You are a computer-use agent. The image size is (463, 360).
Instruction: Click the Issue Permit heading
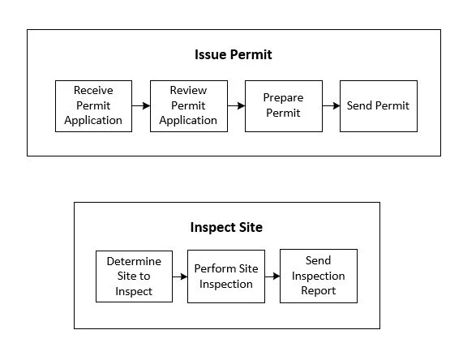coord(234,54)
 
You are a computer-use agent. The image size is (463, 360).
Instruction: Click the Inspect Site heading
coord(226,227)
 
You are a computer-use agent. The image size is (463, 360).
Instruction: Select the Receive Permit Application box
coord(93,106)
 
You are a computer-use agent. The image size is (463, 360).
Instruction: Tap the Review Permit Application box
coord(189,106)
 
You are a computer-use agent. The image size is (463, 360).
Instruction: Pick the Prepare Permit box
coord(284,106)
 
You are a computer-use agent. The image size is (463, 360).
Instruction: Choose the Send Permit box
coord(379,106)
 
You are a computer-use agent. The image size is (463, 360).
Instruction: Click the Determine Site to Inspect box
coord(134,276)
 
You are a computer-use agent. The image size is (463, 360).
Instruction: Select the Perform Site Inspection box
coord(226,276)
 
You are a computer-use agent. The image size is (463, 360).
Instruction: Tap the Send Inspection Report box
coord(319,276)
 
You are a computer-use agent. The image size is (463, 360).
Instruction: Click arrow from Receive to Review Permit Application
coord(141,105)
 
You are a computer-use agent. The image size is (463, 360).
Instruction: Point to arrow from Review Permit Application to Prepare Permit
coord(236,105)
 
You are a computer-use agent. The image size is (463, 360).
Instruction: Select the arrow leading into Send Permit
coord(332,105)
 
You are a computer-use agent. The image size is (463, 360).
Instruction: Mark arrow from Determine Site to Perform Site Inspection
coord(180,276)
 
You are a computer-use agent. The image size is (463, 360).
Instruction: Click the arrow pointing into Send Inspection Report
coord(272,276)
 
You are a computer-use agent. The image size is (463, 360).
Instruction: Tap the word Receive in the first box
coord(93,90)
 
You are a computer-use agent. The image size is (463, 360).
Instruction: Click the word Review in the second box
coord(188,90)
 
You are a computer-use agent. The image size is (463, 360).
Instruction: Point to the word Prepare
coord(283,98)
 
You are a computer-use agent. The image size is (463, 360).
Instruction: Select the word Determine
coord(134,261)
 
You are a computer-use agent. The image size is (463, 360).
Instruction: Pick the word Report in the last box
coord(319,291)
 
